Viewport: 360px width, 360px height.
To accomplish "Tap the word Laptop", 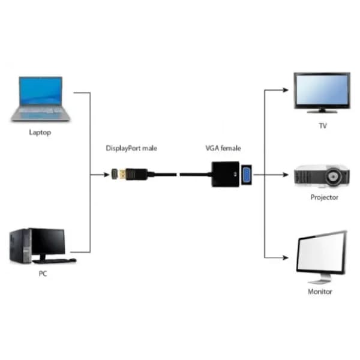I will pos(40,132).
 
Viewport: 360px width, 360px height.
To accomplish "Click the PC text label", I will pos(43,274).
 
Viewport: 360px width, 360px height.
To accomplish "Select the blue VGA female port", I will pos(245,175).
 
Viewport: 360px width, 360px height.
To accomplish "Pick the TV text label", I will pos(323,126).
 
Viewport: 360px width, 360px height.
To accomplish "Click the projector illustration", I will pos(321,176).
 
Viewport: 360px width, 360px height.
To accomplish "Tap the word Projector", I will pos(324,197).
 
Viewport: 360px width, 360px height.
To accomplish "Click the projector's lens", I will pos(336,177).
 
